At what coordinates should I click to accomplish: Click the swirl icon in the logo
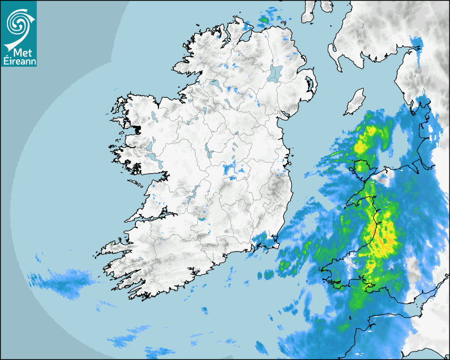click(19, 22)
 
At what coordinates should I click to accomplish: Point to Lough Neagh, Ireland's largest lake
click(275, 73)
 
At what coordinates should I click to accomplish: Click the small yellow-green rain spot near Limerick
click(202, 218)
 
